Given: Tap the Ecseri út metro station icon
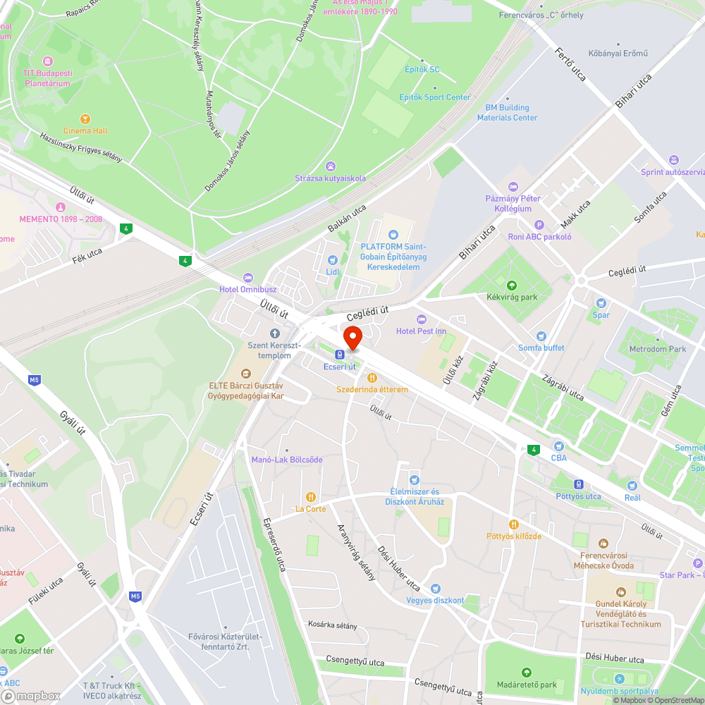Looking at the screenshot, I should [340, 355].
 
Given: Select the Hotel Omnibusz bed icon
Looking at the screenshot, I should [247, 277].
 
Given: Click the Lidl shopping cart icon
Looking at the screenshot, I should [333, 259].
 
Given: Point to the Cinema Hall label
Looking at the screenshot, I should [86, 130].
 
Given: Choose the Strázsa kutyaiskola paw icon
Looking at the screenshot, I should [331, 166].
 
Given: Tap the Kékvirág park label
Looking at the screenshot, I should [512, 297].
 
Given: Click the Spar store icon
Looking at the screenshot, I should [601, 302].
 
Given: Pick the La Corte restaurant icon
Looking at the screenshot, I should [310, 496].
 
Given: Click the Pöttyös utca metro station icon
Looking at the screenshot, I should [578, 484].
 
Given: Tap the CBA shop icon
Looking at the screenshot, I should [558, 446].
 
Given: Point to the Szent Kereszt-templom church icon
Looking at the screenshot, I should [274, 333].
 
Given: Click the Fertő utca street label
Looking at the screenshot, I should [570, 64].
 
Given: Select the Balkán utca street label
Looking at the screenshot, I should [347, 219].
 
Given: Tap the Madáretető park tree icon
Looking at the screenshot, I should [525, 673].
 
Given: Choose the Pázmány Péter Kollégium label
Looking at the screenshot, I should [513, 204].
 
